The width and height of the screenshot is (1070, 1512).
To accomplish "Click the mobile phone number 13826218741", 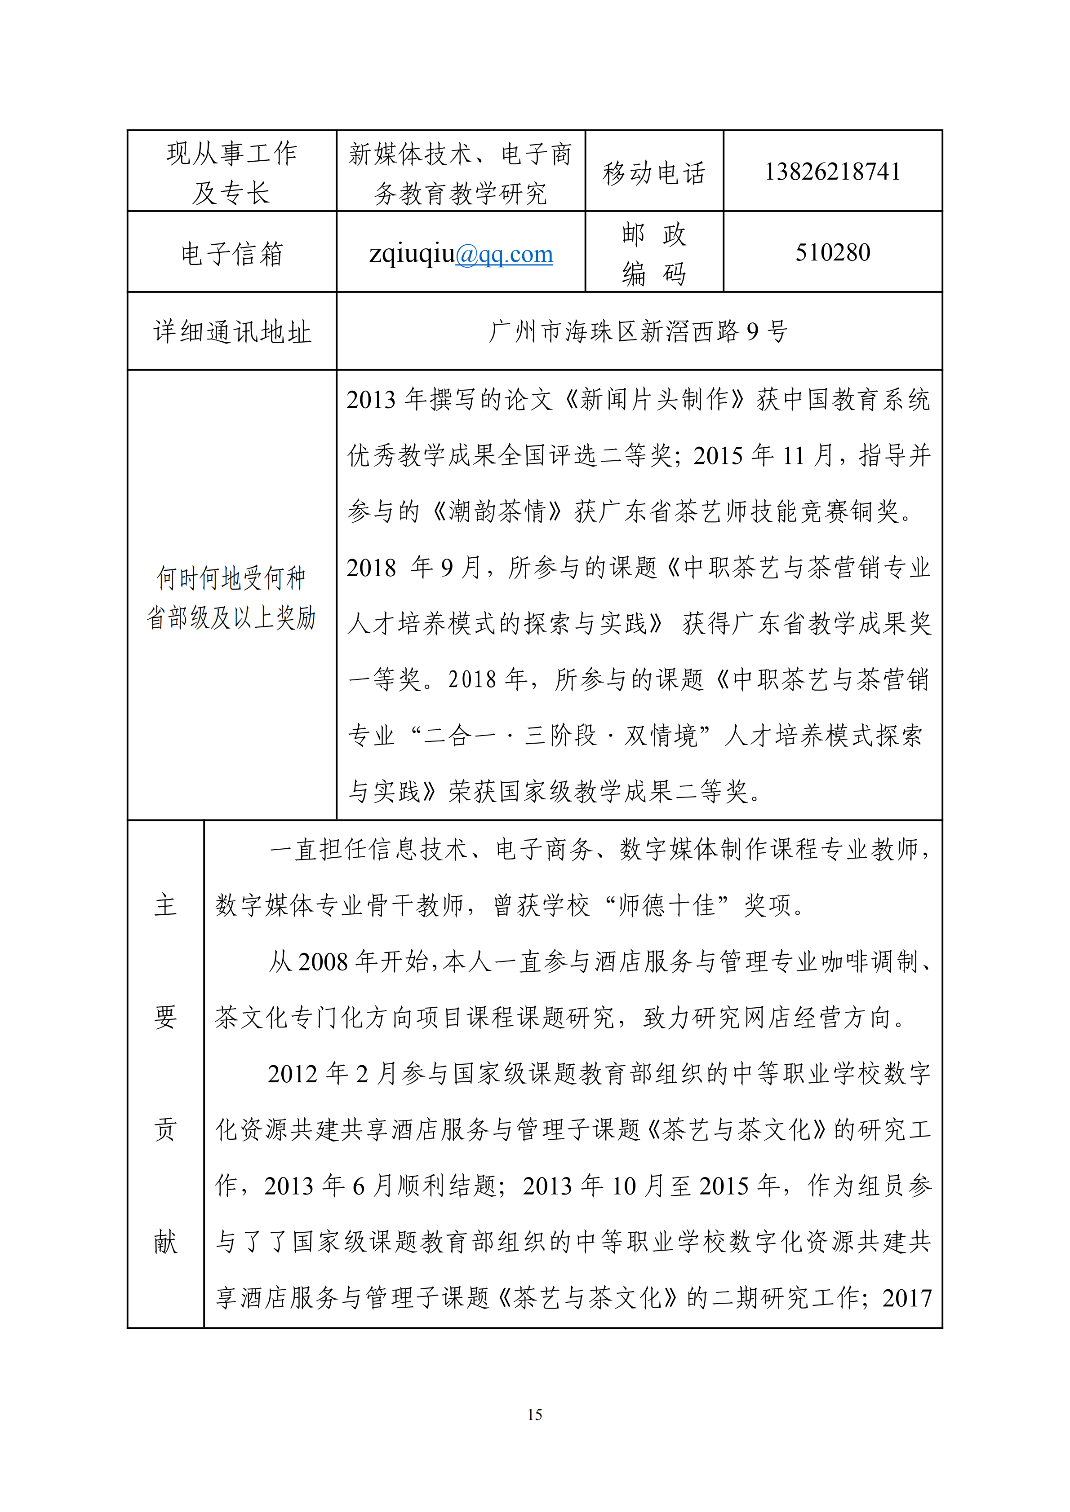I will click(832, 172).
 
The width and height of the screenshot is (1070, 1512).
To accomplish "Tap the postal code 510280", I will click(832, 252).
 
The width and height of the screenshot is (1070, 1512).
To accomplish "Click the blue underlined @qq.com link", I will click(504, 254).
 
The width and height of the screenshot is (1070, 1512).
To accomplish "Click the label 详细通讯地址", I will click(232, 332).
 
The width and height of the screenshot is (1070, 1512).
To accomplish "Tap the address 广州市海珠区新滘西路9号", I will click(638, 331).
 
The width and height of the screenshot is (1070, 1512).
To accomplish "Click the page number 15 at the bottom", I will click(534, 1414).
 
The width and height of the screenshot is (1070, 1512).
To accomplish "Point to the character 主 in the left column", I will click(165, 905).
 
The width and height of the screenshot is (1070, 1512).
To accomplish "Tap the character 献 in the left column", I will click(165, 1242).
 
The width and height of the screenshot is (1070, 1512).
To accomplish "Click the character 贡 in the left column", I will click(165, 1130).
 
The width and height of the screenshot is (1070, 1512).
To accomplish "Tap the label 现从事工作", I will click(232, 154).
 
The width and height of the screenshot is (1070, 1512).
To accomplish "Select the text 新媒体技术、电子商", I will click(460, 154).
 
